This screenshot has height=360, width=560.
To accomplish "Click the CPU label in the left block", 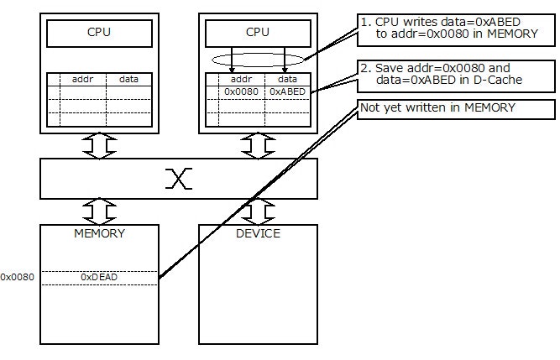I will [x=100, y=34].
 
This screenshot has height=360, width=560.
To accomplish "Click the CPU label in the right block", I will [x=258, y=34].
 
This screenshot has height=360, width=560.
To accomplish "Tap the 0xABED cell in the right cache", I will [x=287, y=91].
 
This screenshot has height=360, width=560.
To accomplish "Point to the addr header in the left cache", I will [x=82, y=79].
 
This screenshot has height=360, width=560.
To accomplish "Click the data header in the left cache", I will [x=128, y=79].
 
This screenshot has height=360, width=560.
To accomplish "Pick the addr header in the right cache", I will [x=241, y=79].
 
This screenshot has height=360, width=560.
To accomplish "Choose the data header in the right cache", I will [x=287, y=79].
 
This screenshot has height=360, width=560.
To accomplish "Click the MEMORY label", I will [x=100, y=233].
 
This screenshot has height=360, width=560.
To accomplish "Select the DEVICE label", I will [x=258, y=233].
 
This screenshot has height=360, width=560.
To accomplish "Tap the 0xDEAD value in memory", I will [x=100, y=276].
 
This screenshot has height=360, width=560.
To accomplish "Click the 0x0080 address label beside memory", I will [x=17, y=276].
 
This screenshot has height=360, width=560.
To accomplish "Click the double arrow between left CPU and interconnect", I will [x=100, y=146].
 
